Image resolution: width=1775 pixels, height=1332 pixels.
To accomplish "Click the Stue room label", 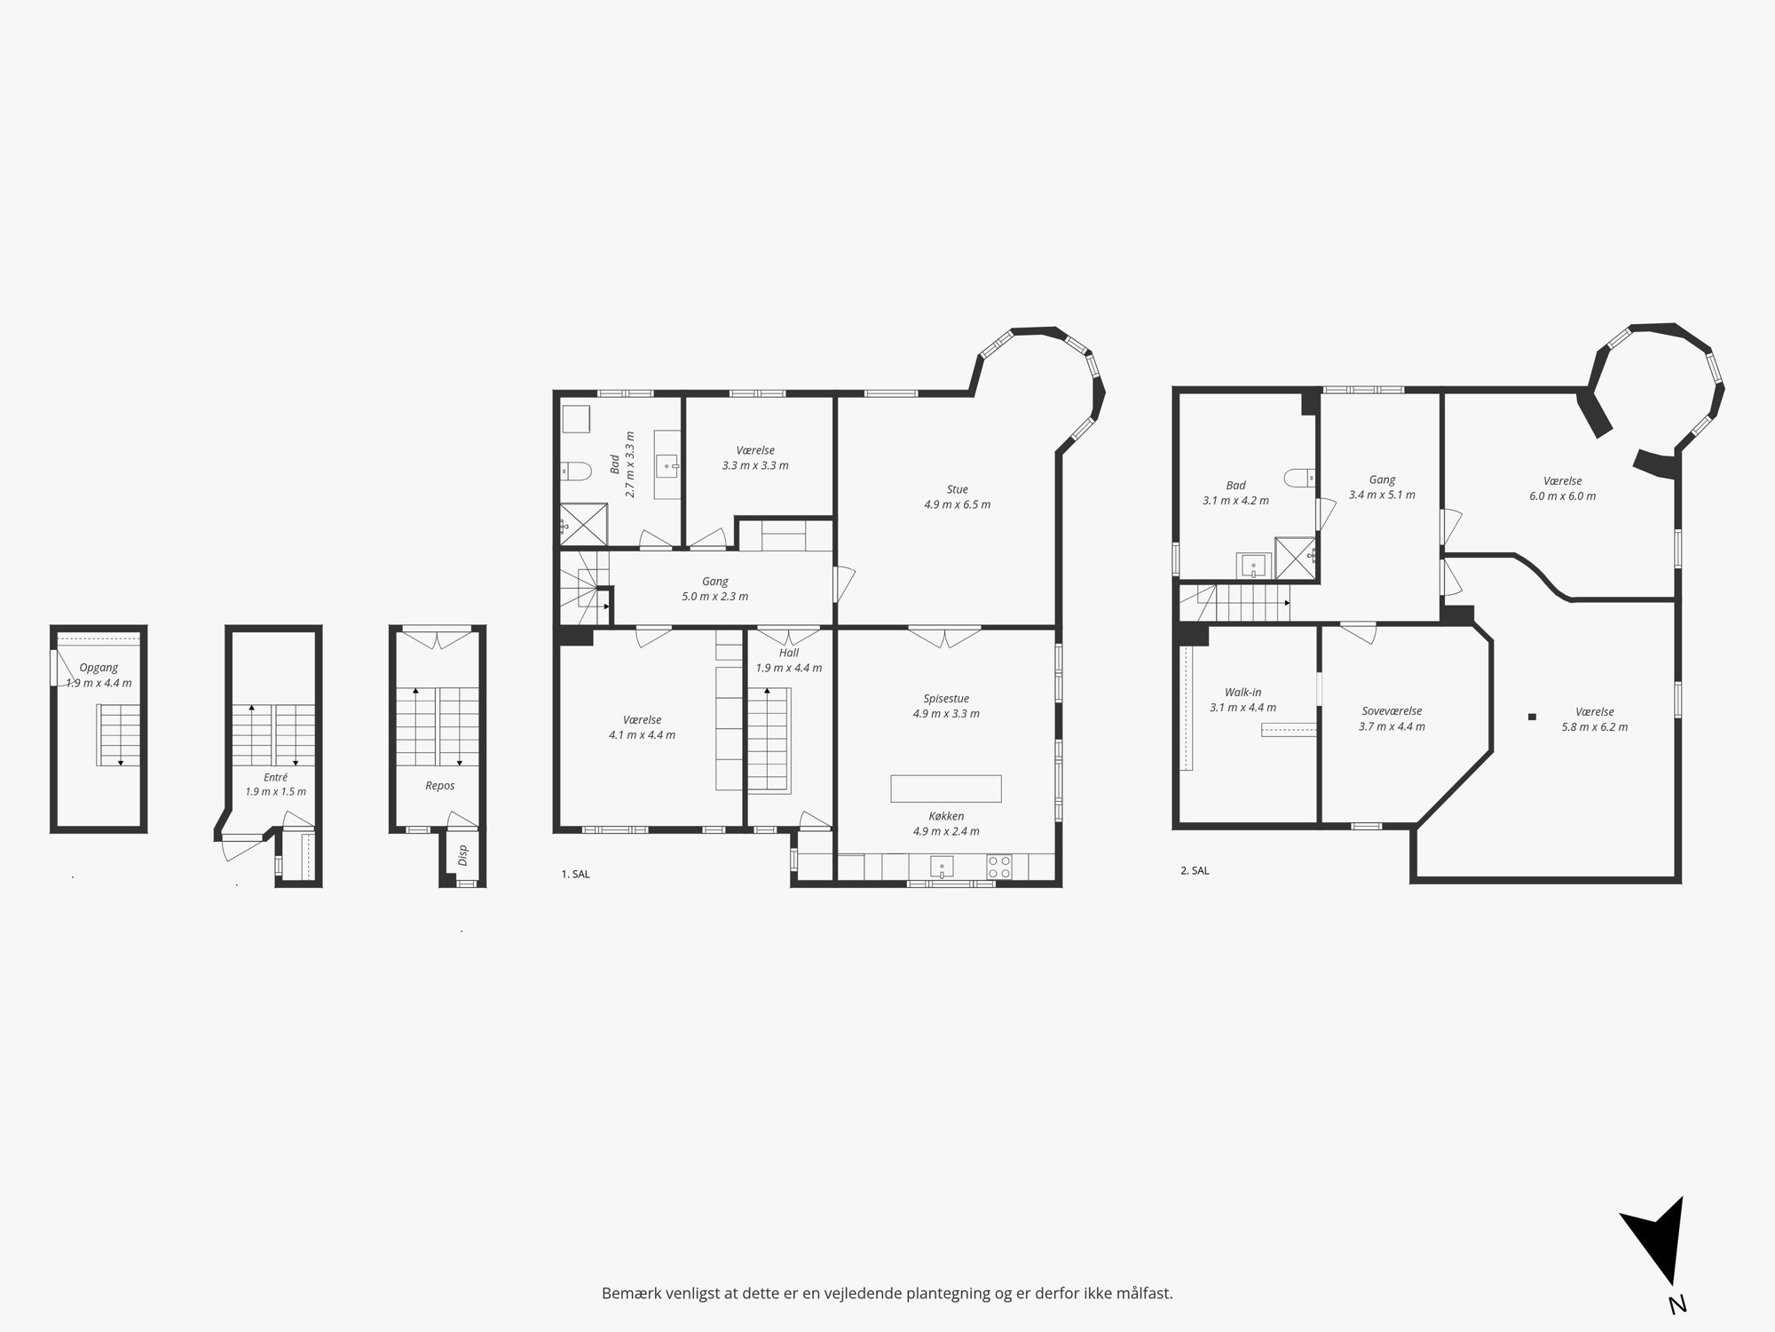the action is pyautogui.click(x=957, y=489).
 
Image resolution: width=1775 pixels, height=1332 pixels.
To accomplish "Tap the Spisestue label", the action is pyautogui.click(x=945, y=699).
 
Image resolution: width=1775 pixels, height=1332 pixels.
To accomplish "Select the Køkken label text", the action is pyautogui.click(x=946, y=816).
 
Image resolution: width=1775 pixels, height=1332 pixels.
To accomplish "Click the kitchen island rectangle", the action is pyautogui.click(x=946, y=789).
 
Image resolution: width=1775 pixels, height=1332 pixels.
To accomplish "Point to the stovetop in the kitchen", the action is pyautogui.click(x=998, y=867).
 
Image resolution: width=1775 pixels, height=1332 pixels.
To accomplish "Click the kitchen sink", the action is pyautogui.click(x=942, y=867).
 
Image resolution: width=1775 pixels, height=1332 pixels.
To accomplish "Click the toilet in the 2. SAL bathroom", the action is pyautogui.click(x=1299, y=478).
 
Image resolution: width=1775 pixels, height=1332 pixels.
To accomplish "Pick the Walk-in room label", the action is pyautogui.click(x=1242, y=693).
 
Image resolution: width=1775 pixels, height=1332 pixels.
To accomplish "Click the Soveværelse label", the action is pyautogui.click(x=1392, y=711).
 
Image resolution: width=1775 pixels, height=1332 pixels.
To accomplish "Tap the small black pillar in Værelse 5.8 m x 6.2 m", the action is pyautogui.click(x=1532, y=717).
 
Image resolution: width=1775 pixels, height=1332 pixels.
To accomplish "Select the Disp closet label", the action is pyautogui.click(x=462, y=854).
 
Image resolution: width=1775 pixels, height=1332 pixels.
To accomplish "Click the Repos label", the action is pyautogui.click(x=440, y=786).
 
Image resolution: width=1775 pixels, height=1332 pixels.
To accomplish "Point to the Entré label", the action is pyautogui.click(x=275, y=777).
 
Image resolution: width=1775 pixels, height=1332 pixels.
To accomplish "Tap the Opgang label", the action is pyautogui.click(x=99, y=668).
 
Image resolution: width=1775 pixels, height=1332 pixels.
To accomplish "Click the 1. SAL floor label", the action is pyautogui.click(x=575, y=874).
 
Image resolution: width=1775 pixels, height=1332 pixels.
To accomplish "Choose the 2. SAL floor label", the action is pyautogui.click(x=1195, y=870).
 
